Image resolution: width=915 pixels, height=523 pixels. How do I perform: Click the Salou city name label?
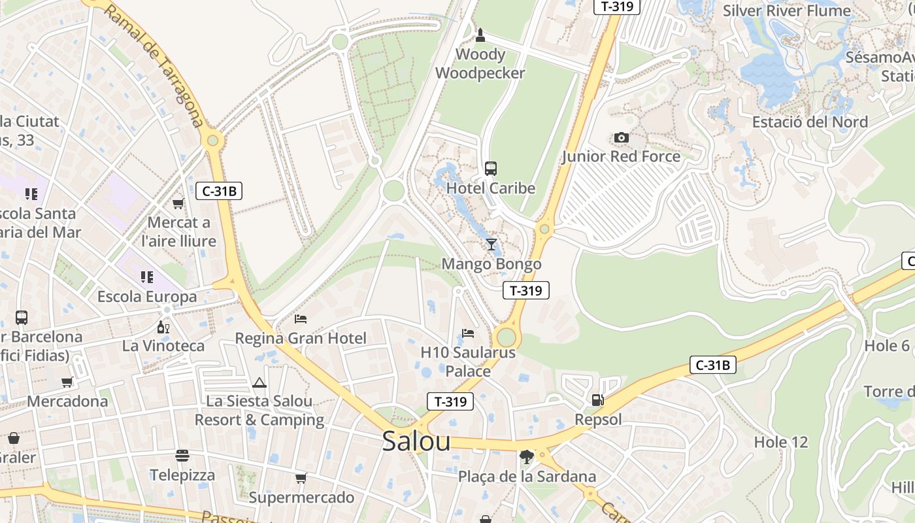click(416, 441)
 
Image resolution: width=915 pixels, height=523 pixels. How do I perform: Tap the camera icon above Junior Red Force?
click(621, 138)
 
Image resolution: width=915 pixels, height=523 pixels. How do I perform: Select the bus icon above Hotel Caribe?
click(490, 169)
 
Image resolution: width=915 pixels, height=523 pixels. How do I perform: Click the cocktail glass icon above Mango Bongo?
click(491, 245)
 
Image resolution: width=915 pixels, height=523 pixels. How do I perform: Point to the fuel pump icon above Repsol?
click(597, 400)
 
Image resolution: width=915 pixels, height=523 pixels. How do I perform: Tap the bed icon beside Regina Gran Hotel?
click(301, 319)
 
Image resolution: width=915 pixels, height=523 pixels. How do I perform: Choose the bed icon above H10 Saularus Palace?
click(468, 333)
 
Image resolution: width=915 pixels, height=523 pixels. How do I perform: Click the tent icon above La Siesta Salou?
click(259, 382)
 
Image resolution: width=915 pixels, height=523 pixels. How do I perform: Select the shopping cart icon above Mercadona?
click(67, 382)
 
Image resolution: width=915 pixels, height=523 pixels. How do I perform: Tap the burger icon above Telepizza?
click(182, 456)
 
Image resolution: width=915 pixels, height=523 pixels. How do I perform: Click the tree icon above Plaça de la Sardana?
click(526, 456)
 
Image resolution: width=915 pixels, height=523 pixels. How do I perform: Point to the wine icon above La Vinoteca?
click(163, 327)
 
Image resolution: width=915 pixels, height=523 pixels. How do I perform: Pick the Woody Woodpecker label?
click(480, 63)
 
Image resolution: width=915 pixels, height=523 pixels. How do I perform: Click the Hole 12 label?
click(781, 442)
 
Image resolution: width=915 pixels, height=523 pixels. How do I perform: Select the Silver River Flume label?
click(787, 10)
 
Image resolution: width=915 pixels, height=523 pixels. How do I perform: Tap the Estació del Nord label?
click(810, 122)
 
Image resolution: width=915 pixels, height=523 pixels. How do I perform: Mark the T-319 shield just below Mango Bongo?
click(526, 291)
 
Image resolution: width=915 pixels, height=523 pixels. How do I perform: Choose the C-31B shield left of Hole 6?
click(712, 365)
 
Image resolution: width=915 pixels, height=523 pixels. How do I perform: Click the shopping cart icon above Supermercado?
click(301, 479)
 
